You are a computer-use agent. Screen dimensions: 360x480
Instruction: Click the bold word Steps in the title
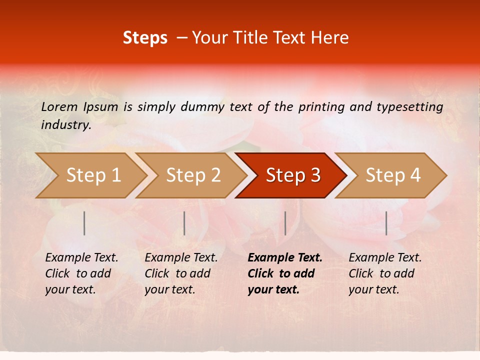145,37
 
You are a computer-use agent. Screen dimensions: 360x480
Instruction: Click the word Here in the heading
330,37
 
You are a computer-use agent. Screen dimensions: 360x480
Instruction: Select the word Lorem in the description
59,106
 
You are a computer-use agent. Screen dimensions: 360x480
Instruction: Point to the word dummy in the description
203,107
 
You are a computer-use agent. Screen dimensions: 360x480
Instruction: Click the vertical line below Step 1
84,223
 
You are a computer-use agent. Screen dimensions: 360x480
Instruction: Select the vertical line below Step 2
184,223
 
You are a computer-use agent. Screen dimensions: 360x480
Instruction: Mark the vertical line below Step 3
285,223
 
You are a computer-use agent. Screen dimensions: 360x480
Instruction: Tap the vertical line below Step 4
386,223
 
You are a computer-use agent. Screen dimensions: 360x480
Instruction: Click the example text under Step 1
81,273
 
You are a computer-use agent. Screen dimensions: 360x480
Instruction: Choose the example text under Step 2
180,273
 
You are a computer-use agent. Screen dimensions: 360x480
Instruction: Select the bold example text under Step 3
284,273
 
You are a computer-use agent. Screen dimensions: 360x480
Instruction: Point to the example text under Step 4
384,273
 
